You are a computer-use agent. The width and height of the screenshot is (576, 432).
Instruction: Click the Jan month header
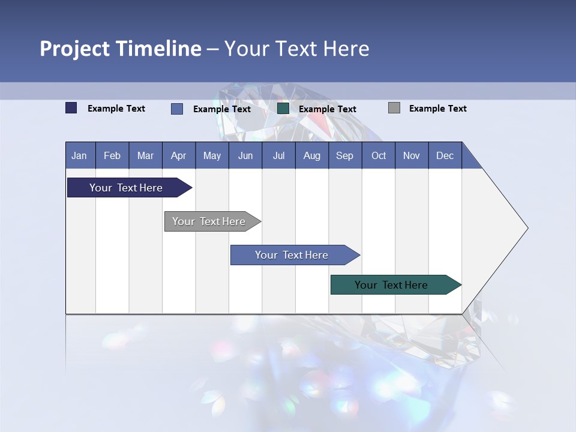[80, 155]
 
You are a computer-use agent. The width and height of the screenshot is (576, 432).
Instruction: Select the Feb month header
[112, 155]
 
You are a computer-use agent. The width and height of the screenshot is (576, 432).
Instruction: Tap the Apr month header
[178, 155]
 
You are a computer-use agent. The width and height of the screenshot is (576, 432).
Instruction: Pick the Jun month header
[245, 155]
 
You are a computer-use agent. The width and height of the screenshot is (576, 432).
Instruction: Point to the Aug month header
[311, 155]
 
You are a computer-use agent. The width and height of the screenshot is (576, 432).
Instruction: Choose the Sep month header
[344, 155]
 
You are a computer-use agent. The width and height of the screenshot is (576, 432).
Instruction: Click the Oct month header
[379, 155]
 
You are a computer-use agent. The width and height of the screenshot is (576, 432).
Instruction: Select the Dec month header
[445, 155]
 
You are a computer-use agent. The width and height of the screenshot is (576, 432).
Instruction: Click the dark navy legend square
[71, 108]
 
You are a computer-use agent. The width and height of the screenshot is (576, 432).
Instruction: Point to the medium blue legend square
[177, 109]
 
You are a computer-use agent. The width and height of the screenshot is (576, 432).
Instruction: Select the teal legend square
[283, 109]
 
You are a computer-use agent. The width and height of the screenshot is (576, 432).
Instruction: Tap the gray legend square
[394, 108]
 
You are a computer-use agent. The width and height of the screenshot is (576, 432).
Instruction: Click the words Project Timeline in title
[121, 49]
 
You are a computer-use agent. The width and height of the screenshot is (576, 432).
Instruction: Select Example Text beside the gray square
[437, 109]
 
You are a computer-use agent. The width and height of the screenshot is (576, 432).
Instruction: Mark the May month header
[212, 155]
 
